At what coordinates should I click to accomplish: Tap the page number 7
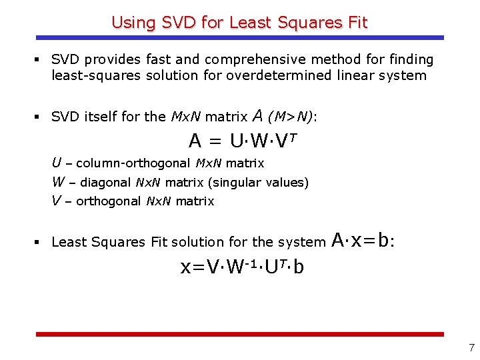click(471, 347)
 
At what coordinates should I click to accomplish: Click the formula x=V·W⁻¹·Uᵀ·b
click(243, 267)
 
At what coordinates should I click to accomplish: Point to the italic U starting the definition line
click(57, 163)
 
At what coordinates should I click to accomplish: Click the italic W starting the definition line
click(58, 182)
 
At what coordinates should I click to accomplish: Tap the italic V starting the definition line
click(57, 201)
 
